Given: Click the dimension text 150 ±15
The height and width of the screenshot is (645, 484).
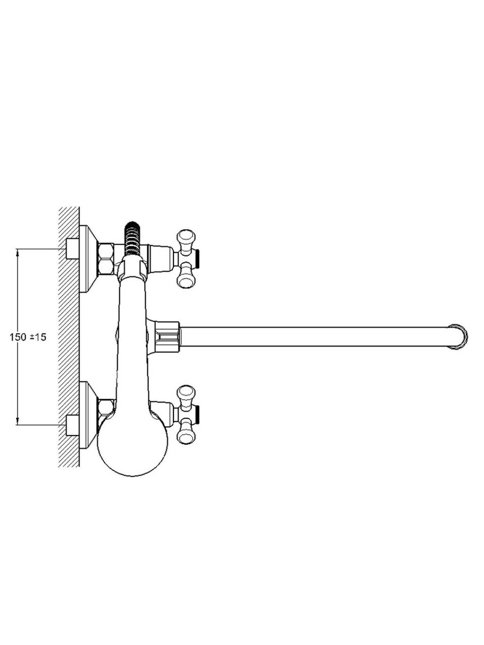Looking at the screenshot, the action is (x=28, y=337).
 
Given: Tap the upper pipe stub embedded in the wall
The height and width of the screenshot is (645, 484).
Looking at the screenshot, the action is (x=72, y=249).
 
